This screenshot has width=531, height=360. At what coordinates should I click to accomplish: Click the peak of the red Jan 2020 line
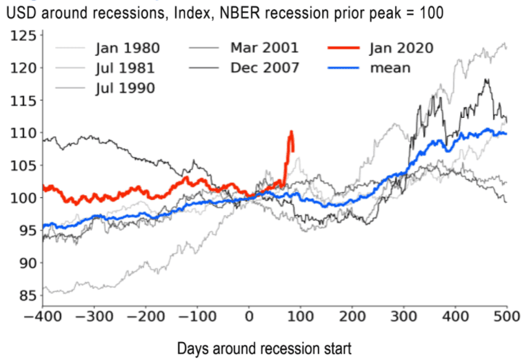click(x=292, y=131)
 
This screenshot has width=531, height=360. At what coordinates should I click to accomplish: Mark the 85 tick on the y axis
click(x=23, y=296)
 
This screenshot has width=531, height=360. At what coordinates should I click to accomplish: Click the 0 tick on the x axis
click(x=249, y=319)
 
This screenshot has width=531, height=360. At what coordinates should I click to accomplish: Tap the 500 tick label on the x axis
click(x=507, y=319)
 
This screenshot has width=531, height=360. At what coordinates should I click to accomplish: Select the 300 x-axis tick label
click(x=403, y=319)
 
